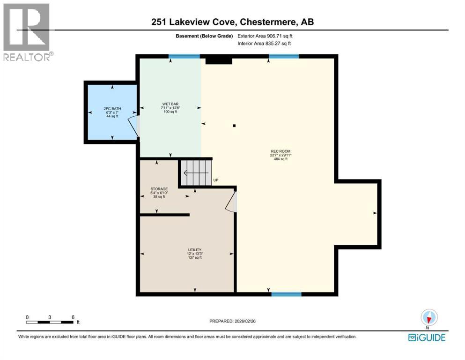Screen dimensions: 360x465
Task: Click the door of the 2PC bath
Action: (135, 127)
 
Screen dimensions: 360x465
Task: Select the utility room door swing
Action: (231, 202)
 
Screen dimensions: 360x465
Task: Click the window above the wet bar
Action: (184, 57)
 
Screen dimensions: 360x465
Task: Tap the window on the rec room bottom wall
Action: (286, 294)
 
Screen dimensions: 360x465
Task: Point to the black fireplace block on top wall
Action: (219, 59)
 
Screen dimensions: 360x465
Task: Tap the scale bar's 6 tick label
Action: (73, 317)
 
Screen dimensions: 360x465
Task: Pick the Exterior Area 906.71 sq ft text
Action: (267, 36)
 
